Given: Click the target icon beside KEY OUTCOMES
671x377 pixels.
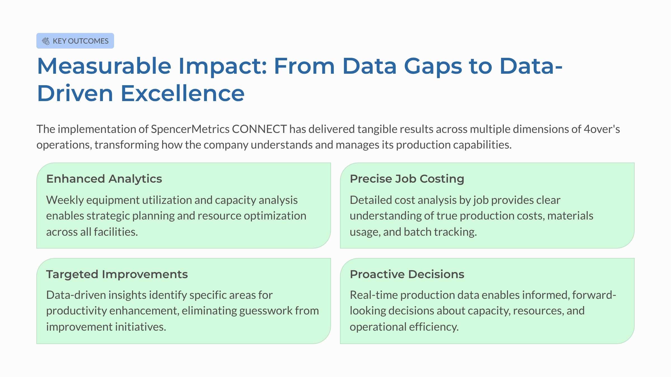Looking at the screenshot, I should tap(46, 41).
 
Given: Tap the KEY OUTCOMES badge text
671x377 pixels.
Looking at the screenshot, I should tap(81, 41).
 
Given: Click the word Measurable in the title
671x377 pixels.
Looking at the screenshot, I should tap(104, 66).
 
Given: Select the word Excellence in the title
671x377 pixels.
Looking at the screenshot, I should tap(182, 94).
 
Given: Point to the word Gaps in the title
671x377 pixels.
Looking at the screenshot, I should tap(433, 66).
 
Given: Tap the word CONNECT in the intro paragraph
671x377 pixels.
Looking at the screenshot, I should tap(259, 129).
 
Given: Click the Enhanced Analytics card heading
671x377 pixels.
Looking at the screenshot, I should tap(104, 179).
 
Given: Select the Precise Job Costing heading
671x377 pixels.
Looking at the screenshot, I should tap(407, 179).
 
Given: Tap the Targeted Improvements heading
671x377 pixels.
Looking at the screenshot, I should tap(117, 274).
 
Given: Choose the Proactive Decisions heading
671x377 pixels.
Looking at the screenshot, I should tap(407, 274).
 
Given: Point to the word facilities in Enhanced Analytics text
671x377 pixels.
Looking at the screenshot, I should tap(115, 232).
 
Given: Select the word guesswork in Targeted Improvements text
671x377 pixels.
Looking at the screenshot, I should tap(265, 311).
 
